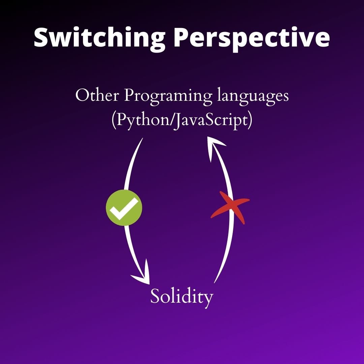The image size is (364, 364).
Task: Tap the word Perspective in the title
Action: tap(251, 38)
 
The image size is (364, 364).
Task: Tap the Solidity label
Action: tap(182, 297)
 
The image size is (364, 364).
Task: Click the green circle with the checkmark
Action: tap(124, 208)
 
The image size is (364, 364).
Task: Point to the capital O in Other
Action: tap(82, 96)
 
